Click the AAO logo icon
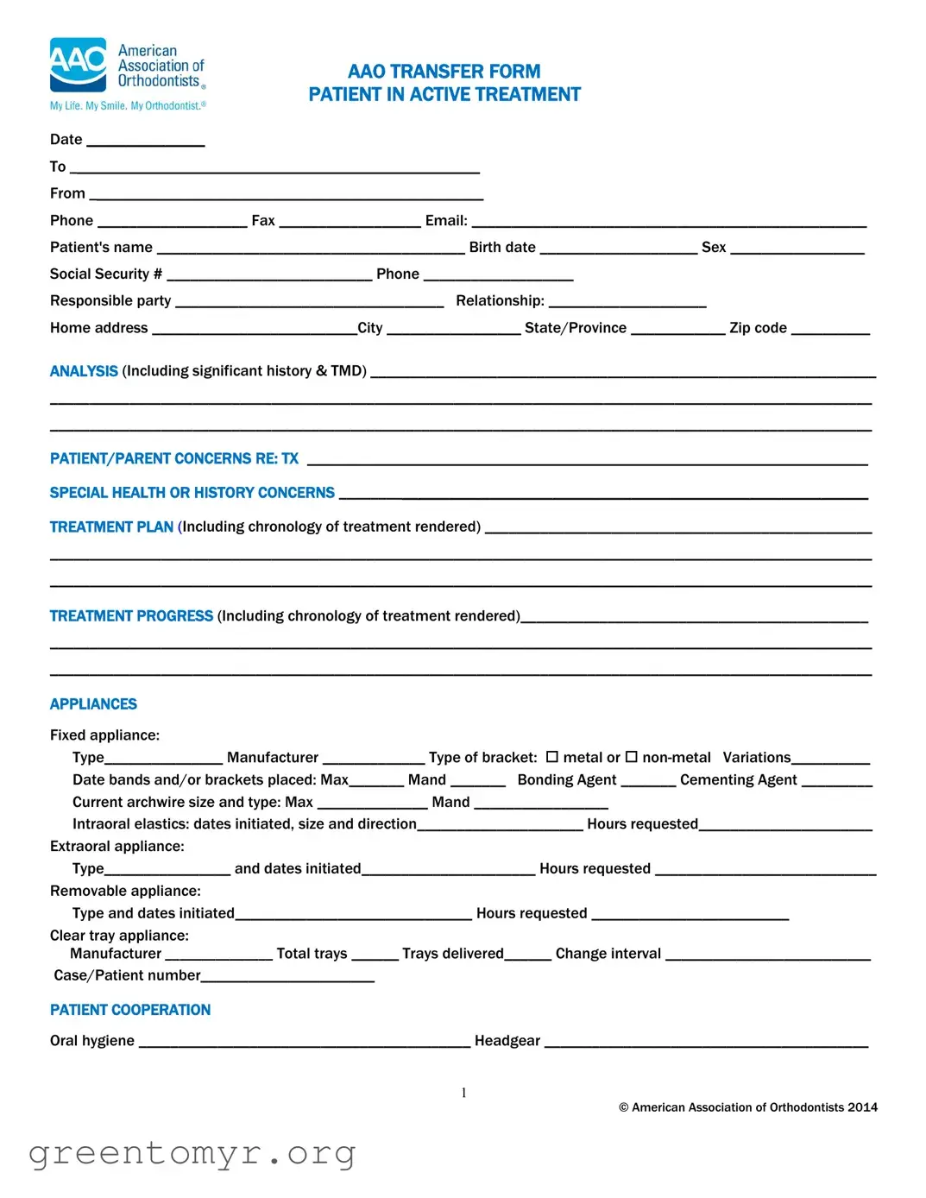pos(79,65)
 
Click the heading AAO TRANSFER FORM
pos(444,72)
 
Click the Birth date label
pos(502,248)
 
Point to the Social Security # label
pos(105,274)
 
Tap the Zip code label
pos(758,328)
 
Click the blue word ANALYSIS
pos(84,371)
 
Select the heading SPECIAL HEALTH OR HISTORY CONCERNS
pos(192,493)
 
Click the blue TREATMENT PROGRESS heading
pos(131,616)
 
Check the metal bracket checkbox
pos(552,757)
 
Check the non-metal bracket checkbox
pos(631,757)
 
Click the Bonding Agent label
pos(567,780)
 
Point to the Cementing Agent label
pos(738,780)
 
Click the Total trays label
pos(312,954)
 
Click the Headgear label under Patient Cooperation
pos(507,1041)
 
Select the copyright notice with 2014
pos(747,1107)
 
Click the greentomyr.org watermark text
pos(192,1153)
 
